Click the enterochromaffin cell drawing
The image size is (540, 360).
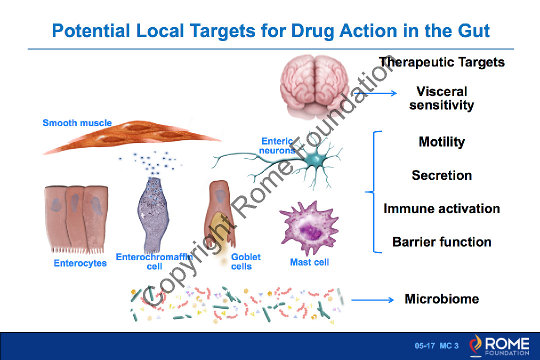(154, 215)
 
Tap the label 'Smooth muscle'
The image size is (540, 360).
(77, 123)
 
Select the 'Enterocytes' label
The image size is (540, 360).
(80, 263)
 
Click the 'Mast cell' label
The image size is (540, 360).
(309, 262)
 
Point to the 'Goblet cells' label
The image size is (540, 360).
(245, 261)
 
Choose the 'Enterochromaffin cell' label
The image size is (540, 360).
(154, 261)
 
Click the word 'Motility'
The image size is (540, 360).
(441, 142)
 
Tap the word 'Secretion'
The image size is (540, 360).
(441, 175)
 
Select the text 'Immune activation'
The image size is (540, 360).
(441, 208)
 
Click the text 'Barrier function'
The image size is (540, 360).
(441, 242)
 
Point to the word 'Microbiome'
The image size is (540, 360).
(441, 299)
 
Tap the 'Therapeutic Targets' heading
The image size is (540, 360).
(441, 62)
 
